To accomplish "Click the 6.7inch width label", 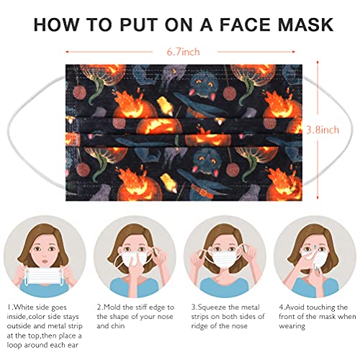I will tap(180, 51).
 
